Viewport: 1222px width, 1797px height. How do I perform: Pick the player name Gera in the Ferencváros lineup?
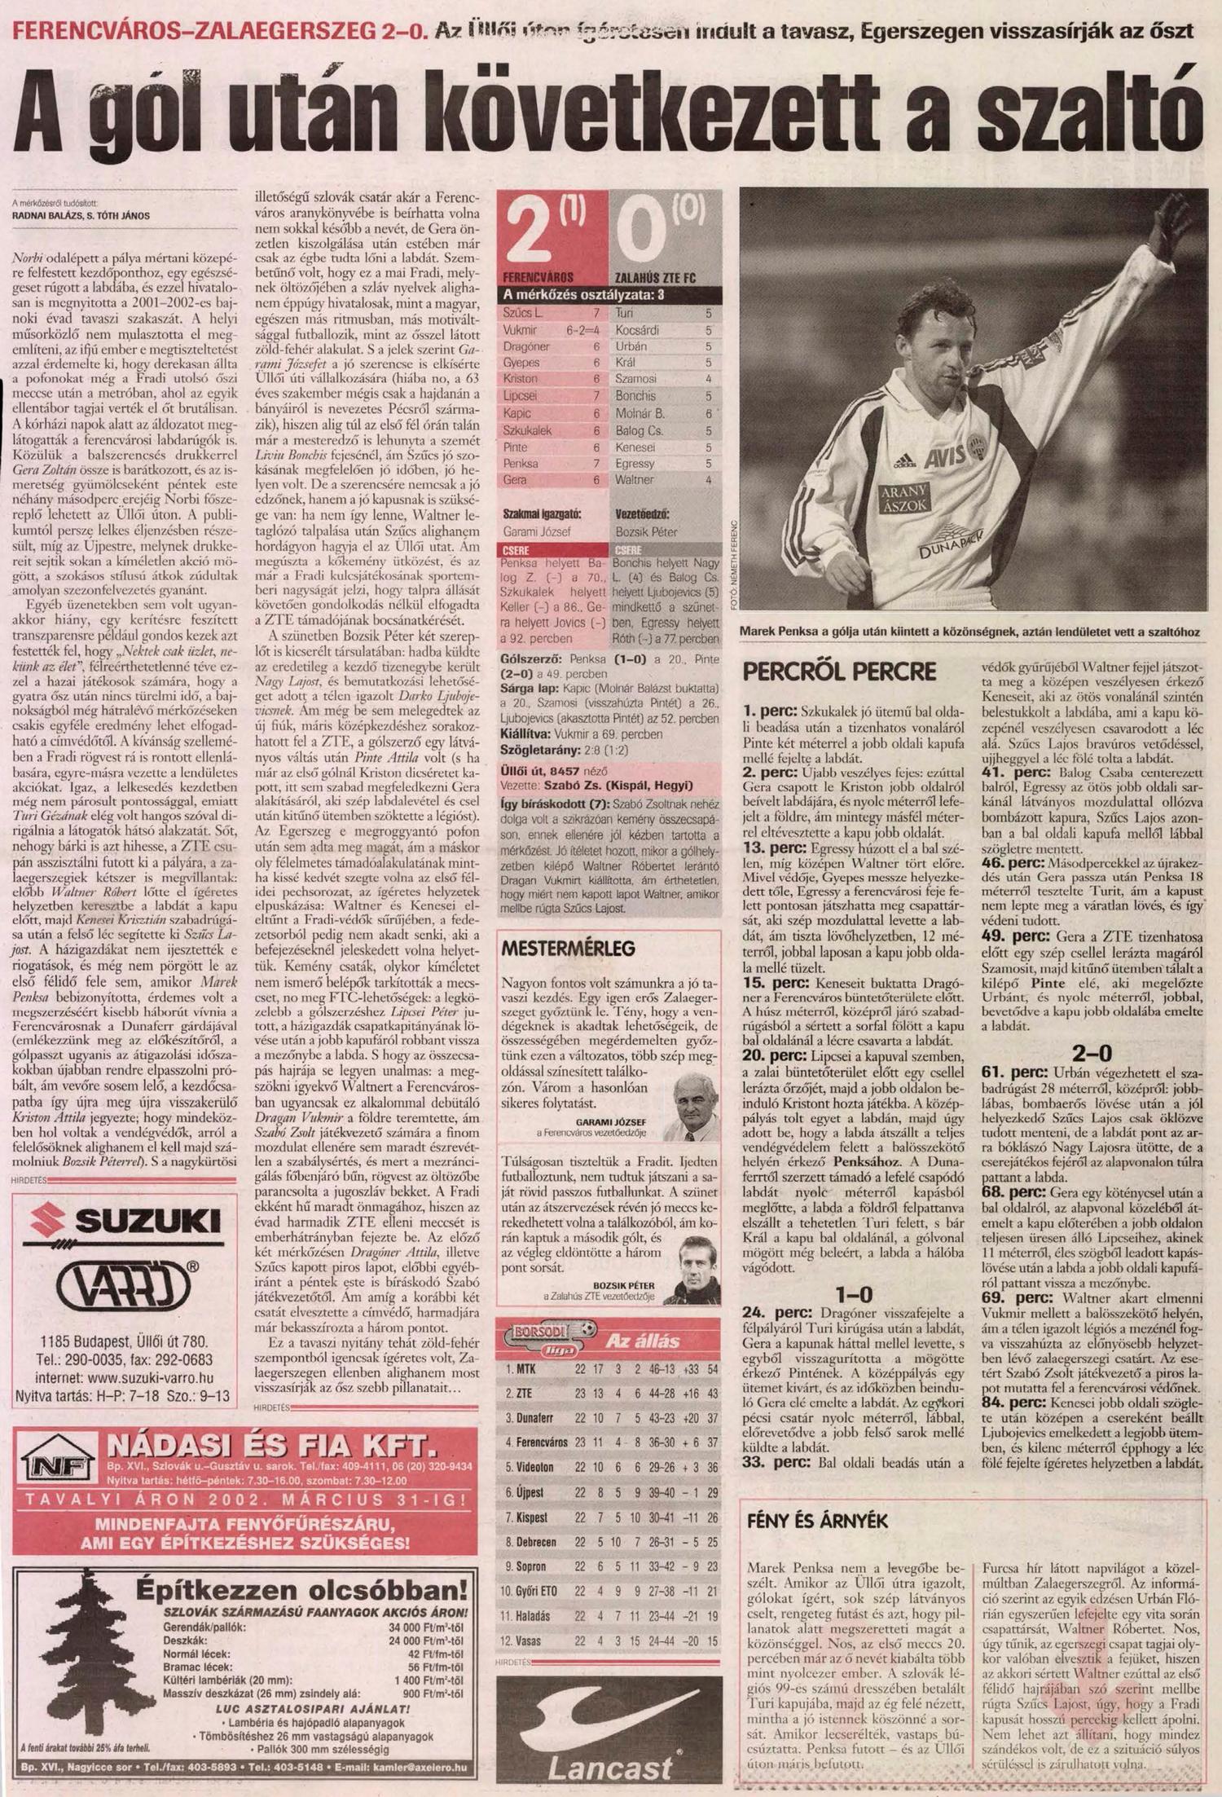tap(516, 480)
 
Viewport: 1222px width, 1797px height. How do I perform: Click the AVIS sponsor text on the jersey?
tap(945, 459)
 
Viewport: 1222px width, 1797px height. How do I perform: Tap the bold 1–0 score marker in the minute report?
tap(854, 1294)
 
